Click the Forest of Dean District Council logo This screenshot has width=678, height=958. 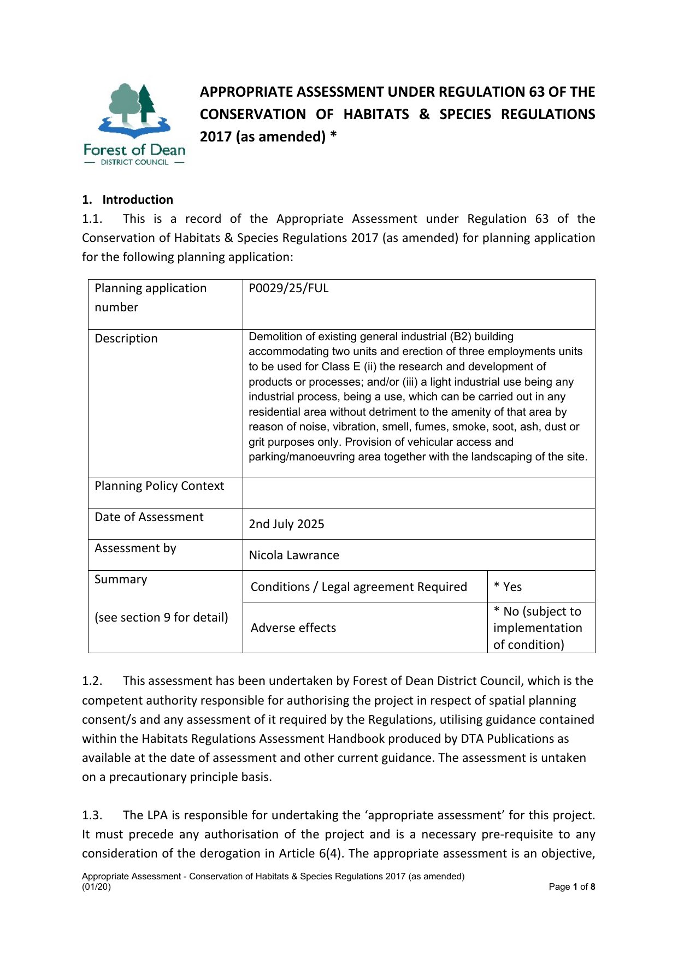tap(134, 125)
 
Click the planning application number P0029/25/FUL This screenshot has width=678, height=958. tap(288, 288)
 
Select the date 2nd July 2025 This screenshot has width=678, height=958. tap(286, 524)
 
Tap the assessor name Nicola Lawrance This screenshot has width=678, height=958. tap(294, 555)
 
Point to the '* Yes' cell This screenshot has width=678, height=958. tap(508, 587)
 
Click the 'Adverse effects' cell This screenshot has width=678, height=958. tap(293, 628)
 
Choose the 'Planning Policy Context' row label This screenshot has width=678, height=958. tap(159, 486)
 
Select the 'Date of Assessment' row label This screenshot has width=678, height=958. tap(149, 517)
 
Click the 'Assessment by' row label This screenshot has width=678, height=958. tap(135, 548)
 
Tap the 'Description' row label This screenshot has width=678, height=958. tap(126, 339)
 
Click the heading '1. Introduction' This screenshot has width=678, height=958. tap(127, 200)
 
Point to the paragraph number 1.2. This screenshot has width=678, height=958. tap(92, 681)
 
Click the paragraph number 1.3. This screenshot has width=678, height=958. tap(92, 815)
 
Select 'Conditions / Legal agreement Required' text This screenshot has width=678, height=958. tap(358, 587)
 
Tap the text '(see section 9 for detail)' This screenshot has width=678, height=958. tap(161, 618)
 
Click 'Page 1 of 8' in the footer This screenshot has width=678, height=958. tap(571, 887)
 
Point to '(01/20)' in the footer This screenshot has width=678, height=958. tap(96, 887)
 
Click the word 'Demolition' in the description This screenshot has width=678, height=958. tap(274, 337)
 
